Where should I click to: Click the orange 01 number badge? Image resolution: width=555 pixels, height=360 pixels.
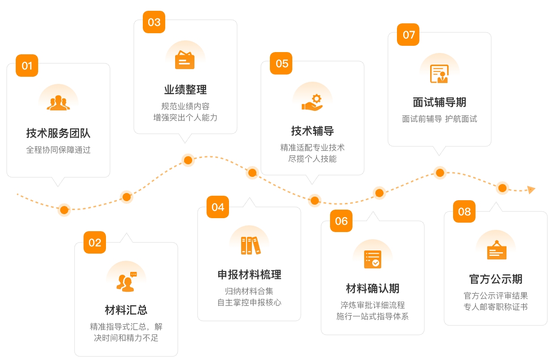pos(27,66)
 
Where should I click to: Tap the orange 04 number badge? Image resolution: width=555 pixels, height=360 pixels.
pos(218,207)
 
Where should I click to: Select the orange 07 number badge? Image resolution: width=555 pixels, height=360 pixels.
pos(409,35)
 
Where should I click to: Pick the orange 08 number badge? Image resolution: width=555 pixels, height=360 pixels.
pos(464,211)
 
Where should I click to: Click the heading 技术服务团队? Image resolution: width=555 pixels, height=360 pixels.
pos(58,133)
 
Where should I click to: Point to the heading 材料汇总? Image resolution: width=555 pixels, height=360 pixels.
pos(126,310)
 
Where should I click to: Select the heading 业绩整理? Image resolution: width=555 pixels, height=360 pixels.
pos(185,90)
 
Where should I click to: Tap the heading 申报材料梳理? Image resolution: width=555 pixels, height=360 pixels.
pos(249,275)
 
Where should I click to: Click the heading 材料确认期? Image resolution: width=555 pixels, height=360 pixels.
pos(373,288)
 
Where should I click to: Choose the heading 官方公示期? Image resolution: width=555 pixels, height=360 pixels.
pos(496,279)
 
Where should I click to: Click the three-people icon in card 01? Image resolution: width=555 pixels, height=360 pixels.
pos(58,103)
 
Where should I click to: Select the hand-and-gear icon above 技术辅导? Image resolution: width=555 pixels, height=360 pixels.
pos(313,102)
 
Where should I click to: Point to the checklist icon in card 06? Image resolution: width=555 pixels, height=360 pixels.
pos(373,259)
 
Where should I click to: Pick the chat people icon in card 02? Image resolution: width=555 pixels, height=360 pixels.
pos(126,281)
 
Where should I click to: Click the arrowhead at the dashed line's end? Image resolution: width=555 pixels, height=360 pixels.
pos(531,190)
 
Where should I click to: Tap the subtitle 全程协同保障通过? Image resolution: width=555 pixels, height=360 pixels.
pos(58,150)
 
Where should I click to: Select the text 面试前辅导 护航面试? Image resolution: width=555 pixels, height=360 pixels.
pos(440,119)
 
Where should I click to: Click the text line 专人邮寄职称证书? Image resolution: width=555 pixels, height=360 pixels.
pos(496,307)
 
